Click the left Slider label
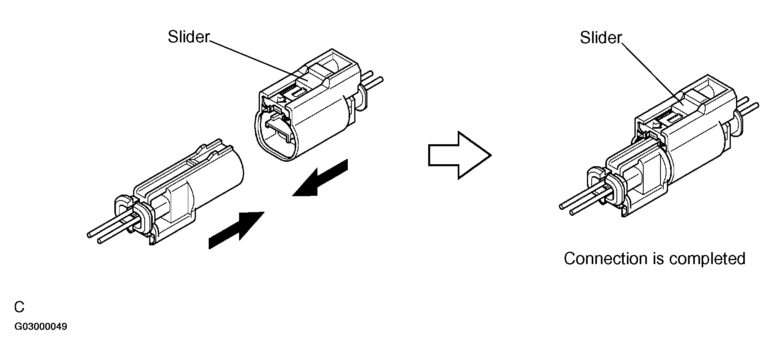(x=188, y=37)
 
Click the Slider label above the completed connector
(x=600, y=38)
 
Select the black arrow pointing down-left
(x=320, y=178)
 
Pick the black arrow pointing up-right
(x=236, y=231)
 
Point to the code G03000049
(x=41, y=327)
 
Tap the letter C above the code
(x=19, y=307)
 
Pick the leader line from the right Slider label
(x=651, y=71)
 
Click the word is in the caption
(x=658, y=259)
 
